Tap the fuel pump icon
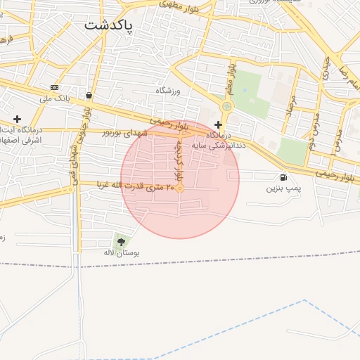283,177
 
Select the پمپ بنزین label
283,189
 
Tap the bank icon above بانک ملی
55,87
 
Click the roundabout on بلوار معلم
226,107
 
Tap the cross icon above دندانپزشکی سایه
218,124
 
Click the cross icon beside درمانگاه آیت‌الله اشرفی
18,119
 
